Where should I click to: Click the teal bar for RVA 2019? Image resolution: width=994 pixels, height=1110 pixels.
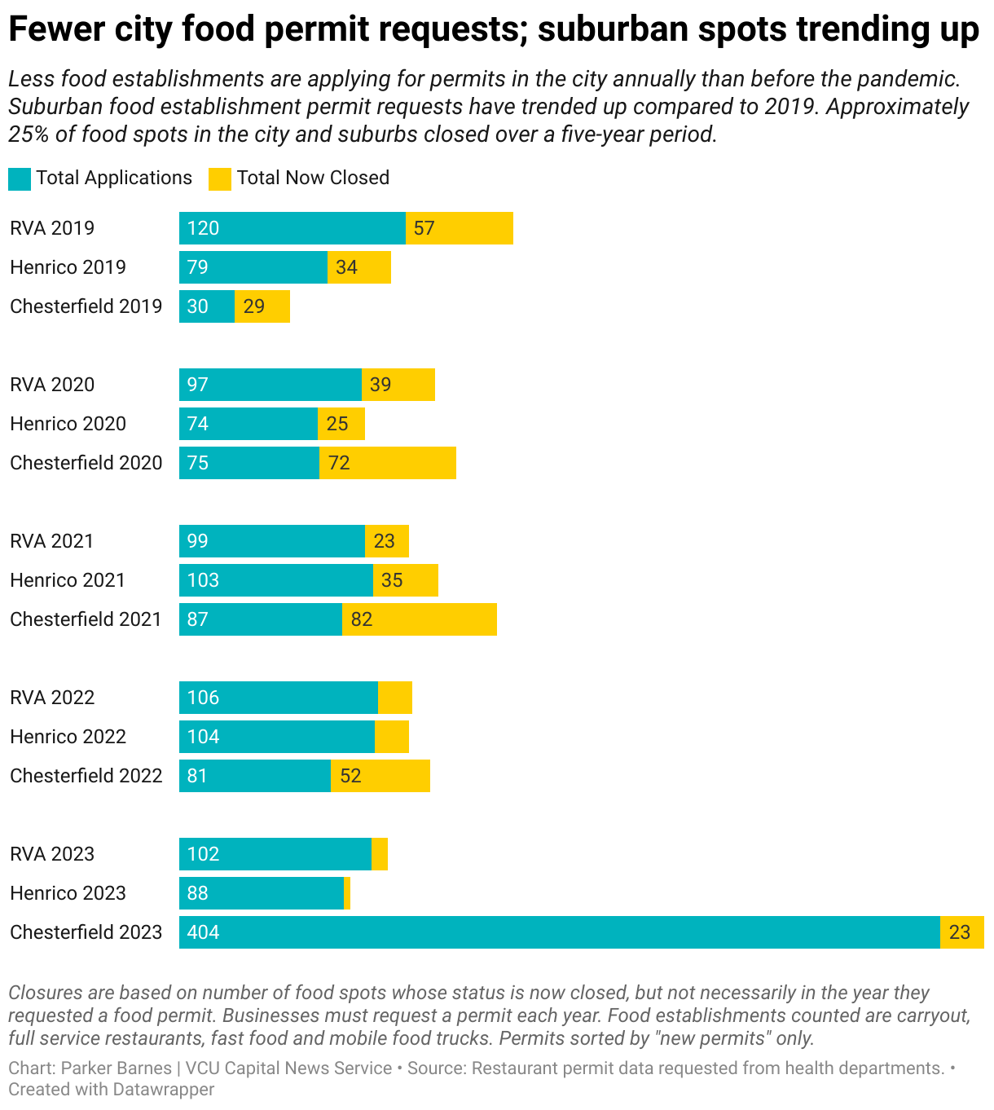tap(292, 228)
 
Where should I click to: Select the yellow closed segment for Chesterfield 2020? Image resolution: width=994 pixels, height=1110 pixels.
tap(387, 463)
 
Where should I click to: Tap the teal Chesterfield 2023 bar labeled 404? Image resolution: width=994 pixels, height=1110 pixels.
tap(559, 932)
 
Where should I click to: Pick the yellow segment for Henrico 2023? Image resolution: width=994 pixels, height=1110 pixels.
tap(347, 893)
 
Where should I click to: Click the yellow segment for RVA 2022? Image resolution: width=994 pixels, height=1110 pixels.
tap(395, 698)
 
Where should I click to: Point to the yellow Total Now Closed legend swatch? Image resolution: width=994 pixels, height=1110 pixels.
tap(220, 178)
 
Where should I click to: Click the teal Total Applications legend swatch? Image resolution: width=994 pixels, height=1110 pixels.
tap(20, 178)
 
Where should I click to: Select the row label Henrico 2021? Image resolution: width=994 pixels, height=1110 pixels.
tap(68, 580)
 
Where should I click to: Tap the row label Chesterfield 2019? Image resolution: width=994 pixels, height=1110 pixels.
tap(86, 306)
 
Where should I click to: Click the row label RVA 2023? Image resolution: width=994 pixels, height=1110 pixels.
tap(52, 854)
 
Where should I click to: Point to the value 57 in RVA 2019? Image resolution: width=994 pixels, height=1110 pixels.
tap(424, 228)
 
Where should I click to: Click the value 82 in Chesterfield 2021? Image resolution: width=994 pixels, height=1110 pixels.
tap(362, 619)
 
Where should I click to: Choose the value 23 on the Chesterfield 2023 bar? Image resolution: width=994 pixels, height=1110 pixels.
tap(960, 932)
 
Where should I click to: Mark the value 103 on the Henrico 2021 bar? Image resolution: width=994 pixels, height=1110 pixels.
tap(203, 580)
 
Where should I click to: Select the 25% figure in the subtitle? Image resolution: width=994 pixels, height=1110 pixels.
tap(29, 134)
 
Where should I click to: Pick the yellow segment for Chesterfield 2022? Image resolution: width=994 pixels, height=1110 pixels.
tap(380, 776)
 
